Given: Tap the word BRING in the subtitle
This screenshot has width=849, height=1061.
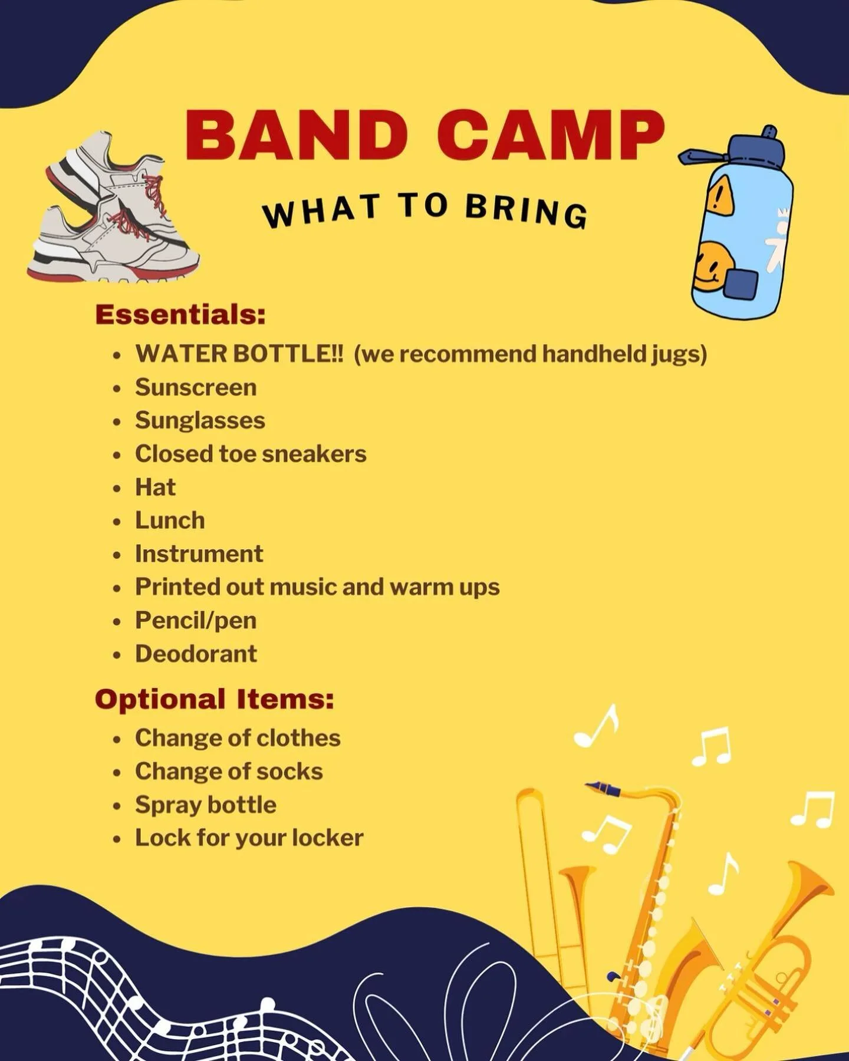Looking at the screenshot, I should [x=526, y=211].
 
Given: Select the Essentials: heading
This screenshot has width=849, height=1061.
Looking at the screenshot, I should [x=180, y=314].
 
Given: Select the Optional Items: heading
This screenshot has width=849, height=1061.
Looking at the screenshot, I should [x=215, y=699].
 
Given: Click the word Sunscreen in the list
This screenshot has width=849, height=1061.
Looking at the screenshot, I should [x=196, y=387].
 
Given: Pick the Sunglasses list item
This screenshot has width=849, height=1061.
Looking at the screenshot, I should [x=200, y=420].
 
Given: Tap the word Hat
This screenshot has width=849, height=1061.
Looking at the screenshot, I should [x=156, y=487].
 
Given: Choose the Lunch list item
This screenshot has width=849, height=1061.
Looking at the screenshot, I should [x=170, y=520].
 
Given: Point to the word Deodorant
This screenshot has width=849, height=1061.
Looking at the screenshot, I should [x=196, y=653].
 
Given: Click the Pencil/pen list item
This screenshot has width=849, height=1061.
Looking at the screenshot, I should [x=196, y=620].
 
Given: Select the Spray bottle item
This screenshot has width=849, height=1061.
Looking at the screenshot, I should [x=206, y=805].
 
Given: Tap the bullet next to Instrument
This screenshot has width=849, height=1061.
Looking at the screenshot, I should [x=118, y=555].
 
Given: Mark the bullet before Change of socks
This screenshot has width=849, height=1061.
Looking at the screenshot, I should [x=118, y=773].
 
